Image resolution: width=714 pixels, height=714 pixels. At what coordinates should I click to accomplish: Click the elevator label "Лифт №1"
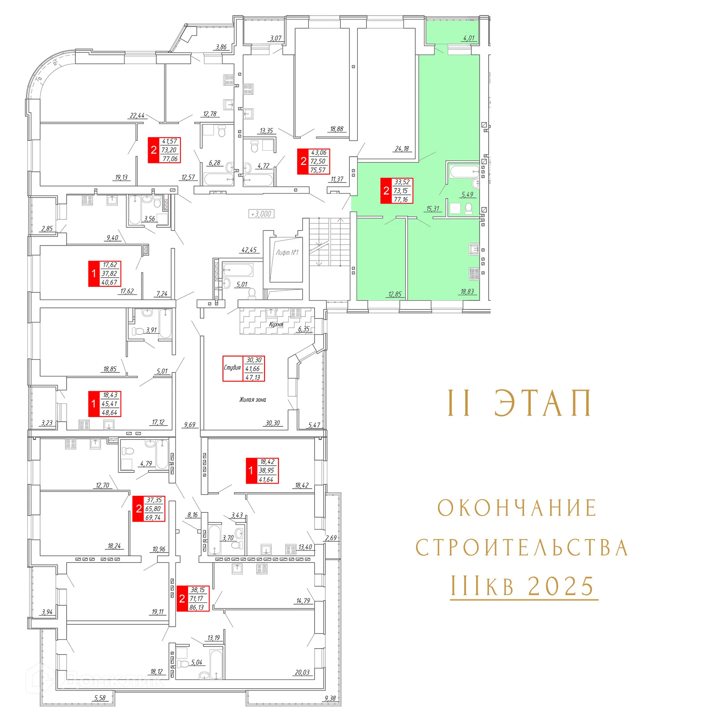click(287, 253)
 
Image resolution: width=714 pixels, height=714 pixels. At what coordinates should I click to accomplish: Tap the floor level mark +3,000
click(261, 214)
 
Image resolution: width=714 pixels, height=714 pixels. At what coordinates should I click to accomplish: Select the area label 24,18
click(401, 149)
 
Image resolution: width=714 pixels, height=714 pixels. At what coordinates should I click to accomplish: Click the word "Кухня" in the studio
click(276, 324)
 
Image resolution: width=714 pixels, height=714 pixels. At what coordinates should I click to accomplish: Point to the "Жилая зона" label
click(253, 400)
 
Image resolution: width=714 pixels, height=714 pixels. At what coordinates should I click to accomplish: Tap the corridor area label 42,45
click(249, 250)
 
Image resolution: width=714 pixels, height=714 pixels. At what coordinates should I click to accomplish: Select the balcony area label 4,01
click(468, 38)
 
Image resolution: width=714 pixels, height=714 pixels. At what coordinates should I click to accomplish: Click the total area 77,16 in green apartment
click(401, 200)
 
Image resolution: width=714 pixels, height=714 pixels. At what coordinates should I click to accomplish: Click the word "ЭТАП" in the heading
click(543, 403)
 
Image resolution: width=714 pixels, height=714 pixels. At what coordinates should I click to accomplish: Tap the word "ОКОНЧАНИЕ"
click(517, 508)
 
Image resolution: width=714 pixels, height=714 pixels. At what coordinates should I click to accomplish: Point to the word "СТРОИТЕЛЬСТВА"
click(522, 548)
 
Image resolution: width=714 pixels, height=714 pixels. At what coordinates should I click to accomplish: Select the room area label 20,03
click(302, 672)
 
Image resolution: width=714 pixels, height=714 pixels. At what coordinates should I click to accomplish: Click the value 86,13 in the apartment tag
click(197, 607)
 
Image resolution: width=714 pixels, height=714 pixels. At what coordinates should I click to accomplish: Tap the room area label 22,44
click(137, 115)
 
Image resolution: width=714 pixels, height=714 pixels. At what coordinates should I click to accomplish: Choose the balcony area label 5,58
click(100, 698)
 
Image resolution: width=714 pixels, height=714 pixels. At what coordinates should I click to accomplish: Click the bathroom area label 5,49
click(467, 194)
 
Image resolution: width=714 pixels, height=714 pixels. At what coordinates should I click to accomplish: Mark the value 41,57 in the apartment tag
click(169, 141)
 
